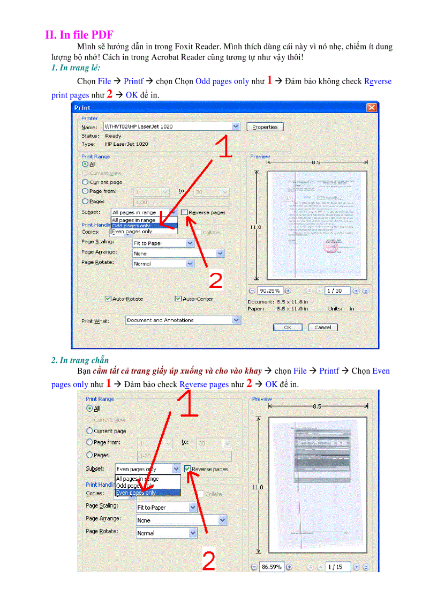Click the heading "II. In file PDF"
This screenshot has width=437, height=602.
79,35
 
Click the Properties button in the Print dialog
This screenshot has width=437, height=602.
265,127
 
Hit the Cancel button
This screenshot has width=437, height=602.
322,327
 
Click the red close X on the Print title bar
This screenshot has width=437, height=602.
371,108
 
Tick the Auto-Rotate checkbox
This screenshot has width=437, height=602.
108,299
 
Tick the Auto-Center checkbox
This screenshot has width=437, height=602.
178,299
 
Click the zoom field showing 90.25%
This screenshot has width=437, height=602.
270,291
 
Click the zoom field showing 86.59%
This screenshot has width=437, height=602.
272,567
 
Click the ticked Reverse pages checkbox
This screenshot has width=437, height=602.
187,469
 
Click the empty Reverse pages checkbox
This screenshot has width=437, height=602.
184,212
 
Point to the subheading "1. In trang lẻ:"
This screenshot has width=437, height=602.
76,68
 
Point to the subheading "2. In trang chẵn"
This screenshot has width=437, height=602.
80,360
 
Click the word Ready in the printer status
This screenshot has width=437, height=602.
113,136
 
